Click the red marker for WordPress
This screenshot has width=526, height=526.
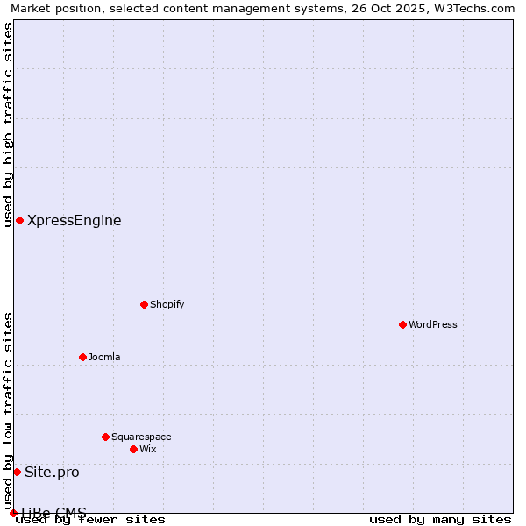tap(402, 324)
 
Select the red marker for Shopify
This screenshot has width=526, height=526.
tap(144, 304)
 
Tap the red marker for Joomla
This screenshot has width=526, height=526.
tap(82, 357)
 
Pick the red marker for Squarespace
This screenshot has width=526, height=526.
tap(105, 437)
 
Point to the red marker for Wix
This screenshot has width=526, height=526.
tap(133, 449)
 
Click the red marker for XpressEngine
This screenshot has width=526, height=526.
tap(19, 220)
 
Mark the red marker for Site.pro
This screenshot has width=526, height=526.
tap(17, 472)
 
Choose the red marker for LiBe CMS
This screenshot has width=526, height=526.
tap(13, 513)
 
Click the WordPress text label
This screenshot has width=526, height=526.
tap(433, 324)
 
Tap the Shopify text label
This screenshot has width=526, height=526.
tap(167, 304)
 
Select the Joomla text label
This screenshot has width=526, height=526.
tap(104, 357)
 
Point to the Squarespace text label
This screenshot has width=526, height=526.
tap(141, 437)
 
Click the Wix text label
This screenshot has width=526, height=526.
tap(148, 449)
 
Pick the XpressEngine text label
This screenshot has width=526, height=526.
tap(75, 220)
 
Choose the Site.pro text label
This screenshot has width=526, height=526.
tap(52, 472)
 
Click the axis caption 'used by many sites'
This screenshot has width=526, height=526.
tap(440, 519)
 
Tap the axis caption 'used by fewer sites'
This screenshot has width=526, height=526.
tap(90, 519)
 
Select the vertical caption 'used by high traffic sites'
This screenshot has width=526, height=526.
tap(8, 124)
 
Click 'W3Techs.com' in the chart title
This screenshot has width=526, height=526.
tap(478, 8)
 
